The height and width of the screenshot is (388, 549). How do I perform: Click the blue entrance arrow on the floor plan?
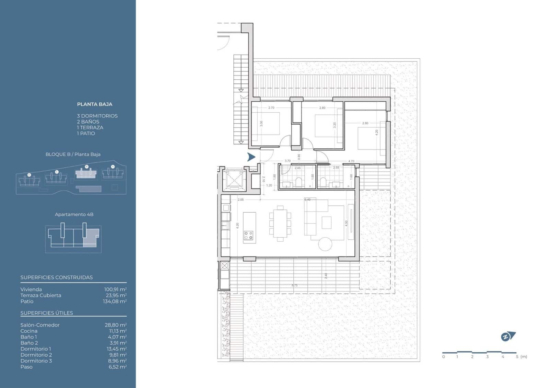click(251, 157)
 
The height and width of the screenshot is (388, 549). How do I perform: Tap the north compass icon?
click(507, 336)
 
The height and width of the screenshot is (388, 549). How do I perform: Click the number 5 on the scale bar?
click(517, 357)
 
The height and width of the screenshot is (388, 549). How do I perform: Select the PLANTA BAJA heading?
click(94, 104)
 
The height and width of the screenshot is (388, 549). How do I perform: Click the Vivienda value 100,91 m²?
click(115, 289)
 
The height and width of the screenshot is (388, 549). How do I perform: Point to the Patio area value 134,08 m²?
click(115, 301)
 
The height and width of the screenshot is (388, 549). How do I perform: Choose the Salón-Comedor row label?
click(40, 325)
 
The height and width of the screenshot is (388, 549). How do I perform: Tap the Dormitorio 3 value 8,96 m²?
click(117, 361)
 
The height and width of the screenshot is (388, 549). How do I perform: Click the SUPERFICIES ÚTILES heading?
click(47, 313)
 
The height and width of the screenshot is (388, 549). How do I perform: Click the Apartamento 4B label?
click(74, 214)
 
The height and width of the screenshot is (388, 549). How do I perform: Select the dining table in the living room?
click(280, 224)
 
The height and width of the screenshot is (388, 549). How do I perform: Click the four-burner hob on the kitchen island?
click(249, 235)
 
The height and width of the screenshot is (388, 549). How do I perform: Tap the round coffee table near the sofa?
click(325, 244)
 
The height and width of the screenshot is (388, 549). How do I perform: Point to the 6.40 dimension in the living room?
click(307, 199)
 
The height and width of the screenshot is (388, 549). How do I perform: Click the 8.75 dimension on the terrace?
click(294, 285)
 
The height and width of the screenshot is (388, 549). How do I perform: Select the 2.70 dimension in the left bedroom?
click(271, 108)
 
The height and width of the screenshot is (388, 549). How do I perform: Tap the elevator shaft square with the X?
click(234, 180)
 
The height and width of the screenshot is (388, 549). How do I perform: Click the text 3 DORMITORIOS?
click(97, 116)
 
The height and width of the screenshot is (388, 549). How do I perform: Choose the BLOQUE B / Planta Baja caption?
click(73, 154)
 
